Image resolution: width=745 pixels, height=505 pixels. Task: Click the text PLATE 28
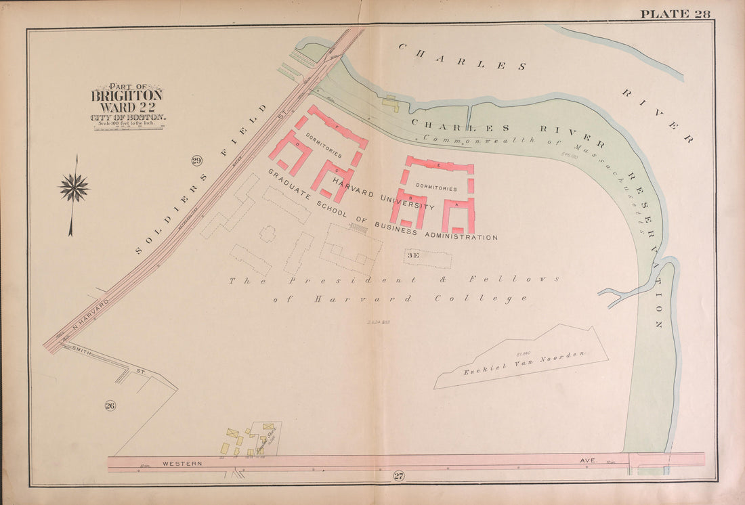675,14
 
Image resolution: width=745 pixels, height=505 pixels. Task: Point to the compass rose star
74,188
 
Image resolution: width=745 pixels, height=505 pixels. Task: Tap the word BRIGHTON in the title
127,95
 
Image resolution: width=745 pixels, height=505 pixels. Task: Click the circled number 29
196,160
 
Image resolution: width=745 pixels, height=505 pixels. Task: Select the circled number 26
110,405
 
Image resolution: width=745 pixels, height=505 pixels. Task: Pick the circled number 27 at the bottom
398,477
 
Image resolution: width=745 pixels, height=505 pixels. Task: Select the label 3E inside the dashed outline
413,256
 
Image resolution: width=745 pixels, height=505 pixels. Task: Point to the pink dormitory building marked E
440,165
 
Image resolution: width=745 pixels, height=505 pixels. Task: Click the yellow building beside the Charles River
390,104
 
